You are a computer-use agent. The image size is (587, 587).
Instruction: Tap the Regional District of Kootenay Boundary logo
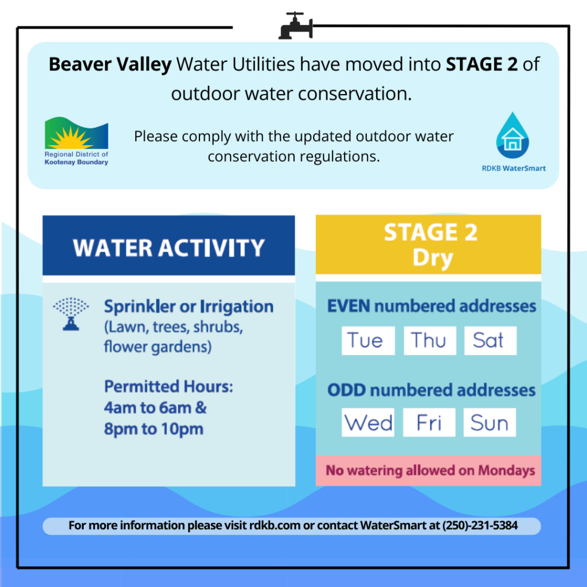(x=76, y=141)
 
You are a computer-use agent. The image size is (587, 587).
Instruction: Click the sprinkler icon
(x=71, y=314)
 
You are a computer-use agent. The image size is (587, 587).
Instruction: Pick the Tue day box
(x=368, y=341)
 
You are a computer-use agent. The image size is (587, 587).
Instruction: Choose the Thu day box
(x=430, y=341)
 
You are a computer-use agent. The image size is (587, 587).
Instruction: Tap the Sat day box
(x=491, y=341)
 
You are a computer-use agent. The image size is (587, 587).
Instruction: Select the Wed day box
(x=367, y=422)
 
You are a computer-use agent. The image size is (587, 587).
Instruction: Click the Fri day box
(x=429, y=422)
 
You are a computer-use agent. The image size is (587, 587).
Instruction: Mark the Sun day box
(x=490, y=422)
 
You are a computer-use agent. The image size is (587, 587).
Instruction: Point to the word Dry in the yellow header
(x=433, y=258)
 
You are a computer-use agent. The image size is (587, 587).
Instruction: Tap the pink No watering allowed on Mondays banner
(x=428, y=471)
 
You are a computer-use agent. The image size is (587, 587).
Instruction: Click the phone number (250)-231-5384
(x=480, y=526)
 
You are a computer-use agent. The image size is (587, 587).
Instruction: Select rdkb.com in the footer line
(x=275, y=526)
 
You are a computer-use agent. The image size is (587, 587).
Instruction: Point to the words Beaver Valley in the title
(x=110, y=65)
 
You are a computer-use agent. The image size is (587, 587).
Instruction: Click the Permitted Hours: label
(x=169, y=387)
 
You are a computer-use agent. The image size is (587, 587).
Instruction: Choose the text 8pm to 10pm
(x=154, y=429)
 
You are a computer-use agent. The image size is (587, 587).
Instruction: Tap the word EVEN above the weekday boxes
(x=349, y=306)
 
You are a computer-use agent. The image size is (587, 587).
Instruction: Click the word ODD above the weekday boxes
(x=346, y=390)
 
